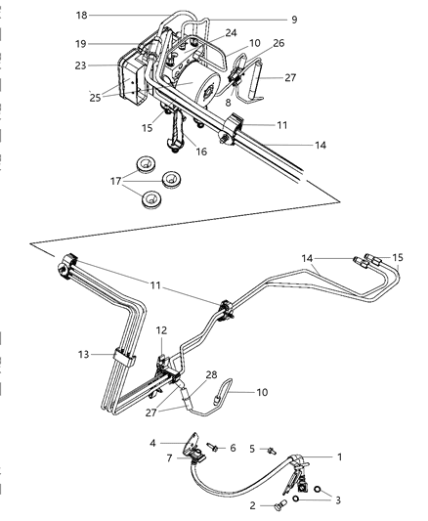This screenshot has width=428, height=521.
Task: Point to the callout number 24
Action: pyautogui.click(x=231, y=32)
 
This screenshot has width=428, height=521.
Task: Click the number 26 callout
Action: pyautogui.click(x=278, y=43)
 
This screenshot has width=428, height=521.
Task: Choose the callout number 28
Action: pyautogui.click(x=210, y=375)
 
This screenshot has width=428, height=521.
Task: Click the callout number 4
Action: pyautogui.click(x=154, y=444)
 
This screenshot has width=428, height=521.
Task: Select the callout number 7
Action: pyautogui.click(x=172, y=456)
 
